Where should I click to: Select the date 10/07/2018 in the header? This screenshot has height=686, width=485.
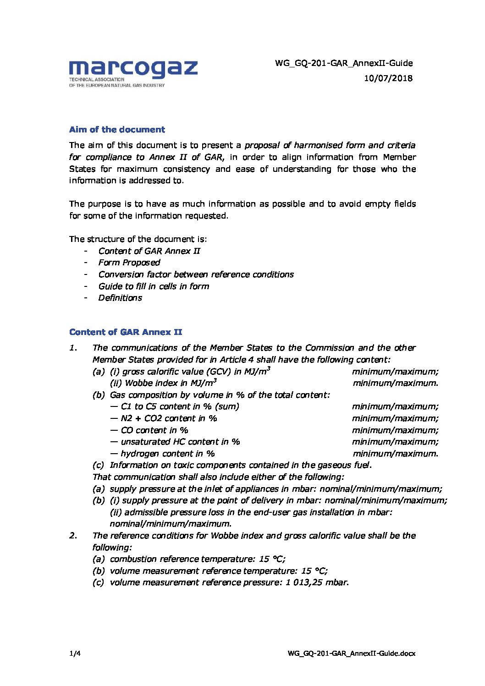[388, 78]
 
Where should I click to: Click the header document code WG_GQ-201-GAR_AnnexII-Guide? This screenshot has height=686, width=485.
[344, 63]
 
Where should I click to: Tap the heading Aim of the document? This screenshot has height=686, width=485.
[117, 130]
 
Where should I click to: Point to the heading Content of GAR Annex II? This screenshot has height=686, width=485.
[126, 332]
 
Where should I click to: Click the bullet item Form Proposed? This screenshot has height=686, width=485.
[129, 263]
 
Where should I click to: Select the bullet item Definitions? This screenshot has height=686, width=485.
[120, 298]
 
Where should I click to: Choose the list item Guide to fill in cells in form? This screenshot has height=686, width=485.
[154, 286]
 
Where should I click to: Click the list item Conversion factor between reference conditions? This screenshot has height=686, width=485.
[196, 274]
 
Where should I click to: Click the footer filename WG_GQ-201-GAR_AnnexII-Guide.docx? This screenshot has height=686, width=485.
[352, 653]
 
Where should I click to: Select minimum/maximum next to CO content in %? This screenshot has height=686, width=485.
[395, 430]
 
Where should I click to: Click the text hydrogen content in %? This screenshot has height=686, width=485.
[167, 454]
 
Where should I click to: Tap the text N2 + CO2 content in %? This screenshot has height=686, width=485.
[169, 418]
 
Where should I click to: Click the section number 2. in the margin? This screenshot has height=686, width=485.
[73, 536]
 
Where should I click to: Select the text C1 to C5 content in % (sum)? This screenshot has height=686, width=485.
[180, 406]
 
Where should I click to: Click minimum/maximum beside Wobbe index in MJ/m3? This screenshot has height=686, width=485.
[395, 383]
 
